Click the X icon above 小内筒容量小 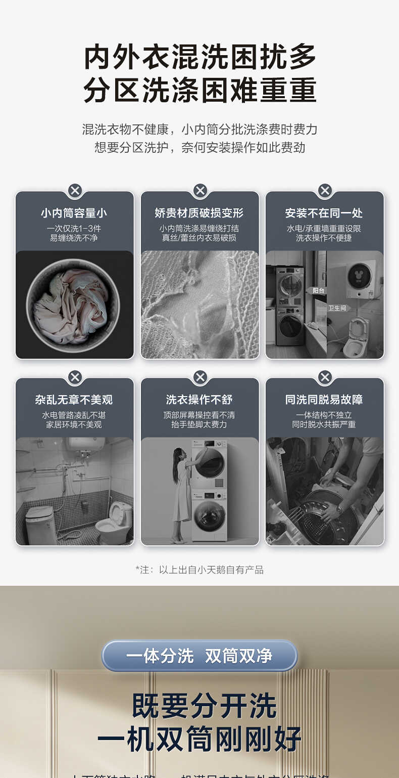point(75,191)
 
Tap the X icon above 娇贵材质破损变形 point(200,191)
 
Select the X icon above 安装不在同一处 point(325,191)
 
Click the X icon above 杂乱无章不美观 point(75,377)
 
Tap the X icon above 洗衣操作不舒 point(200,377)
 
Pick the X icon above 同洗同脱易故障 point(325,377)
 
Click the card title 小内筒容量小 point(74,213)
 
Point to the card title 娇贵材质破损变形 point(199,213)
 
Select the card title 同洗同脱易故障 point(324,400)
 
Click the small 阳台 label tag point(318,290)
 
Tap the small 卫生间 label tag point(337,308)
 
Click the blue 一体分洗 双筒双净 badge point(199,656)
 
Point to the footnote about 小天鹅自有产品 point(199,570)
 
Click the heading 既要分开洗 point(204,706)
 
